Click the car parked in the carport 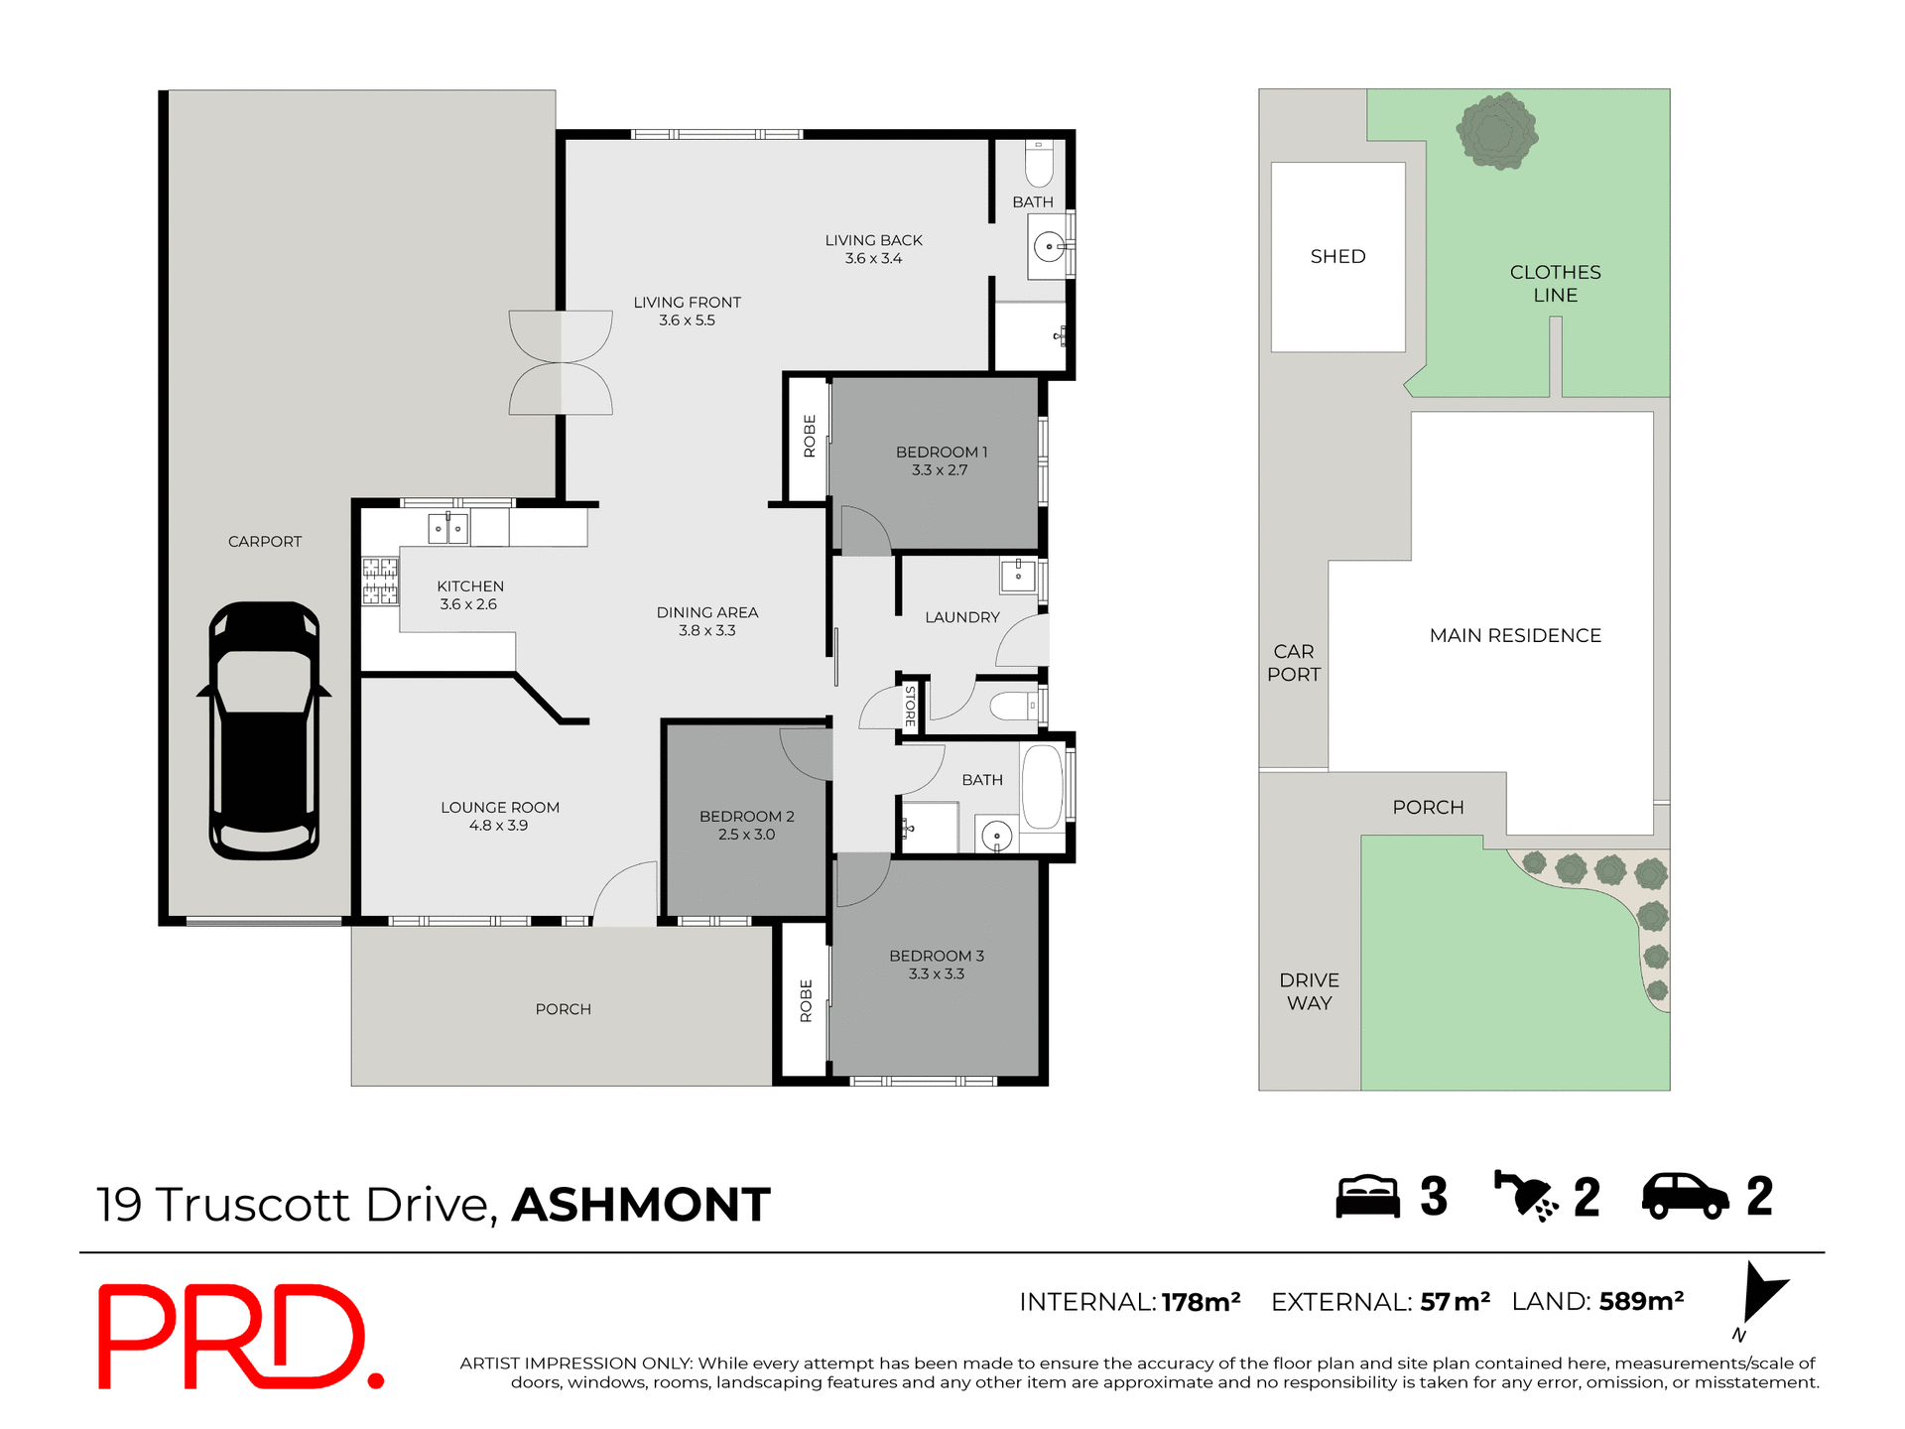point(264,730)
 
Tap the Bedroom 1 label point(941,453)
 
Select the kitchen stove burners point(379,582)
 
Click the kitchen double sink point(447,529)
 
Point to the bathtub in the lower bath point(1042,788)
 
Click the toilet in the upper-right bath point(1038,165)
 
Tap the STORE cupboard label point(910,706)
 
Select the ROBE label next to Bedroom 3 point(806,1000)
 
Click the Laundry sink point(1018,575)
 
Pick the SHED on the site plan point(1337,257)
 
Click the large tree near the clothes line point(1496,132)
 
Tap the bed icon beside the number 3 point(1366,1197)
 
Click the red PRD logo point(238,1337)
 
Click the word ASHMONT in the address point(641,1206)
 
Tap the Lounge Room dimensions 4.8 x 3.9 point(498,826)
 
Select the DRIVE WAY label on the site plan point(1309,991)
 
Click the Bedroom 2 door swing point(806,753)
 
